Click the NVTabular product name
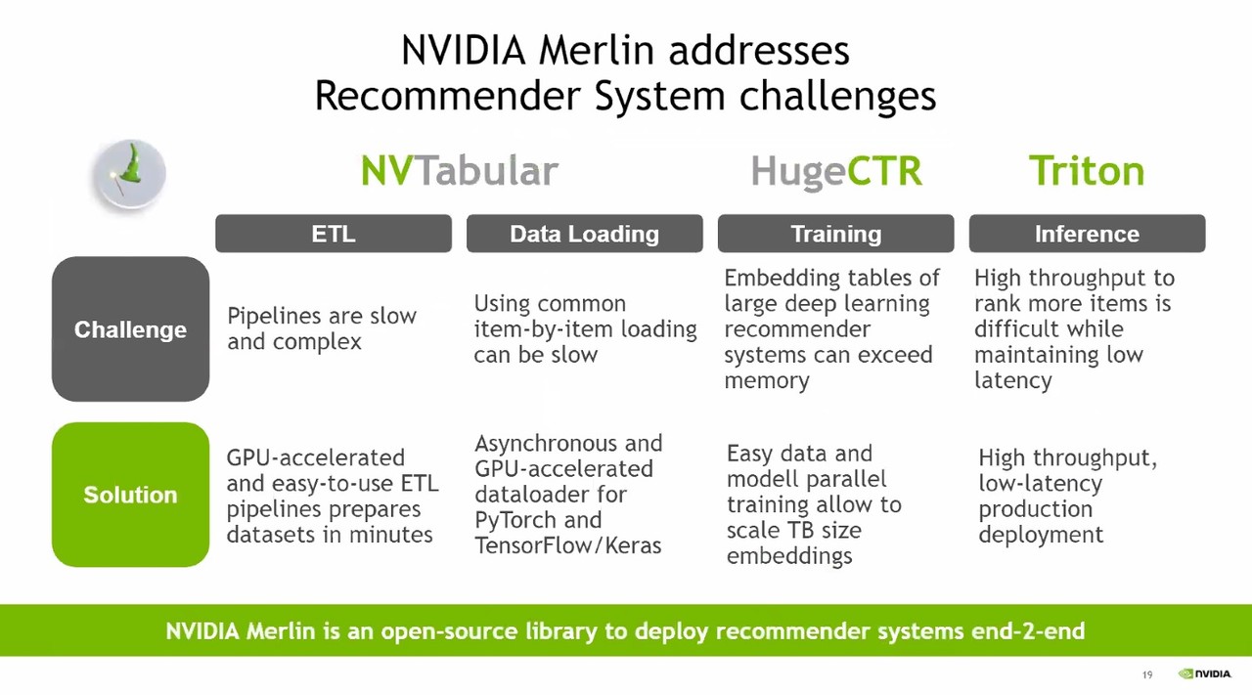point(459,171)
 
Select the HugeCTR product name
point(835,171)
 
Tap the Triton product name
point(1086,171)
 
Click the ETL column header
point(334,234)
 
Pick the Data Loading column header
point(584,234)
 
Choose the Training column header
point(835,234)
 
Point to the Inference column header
point(1087,234)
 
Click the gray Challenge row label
point(130,329)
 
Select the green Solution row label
point(130,495)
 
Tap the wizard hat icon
point(130,174)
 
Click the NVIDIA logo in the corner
point(1204,673)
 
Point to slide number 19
point(1147,674)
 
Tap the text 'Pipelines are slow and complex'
point(321,328)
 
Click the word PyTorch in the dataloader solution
point(514,520)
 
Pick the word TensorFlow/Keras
point(567,545)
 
